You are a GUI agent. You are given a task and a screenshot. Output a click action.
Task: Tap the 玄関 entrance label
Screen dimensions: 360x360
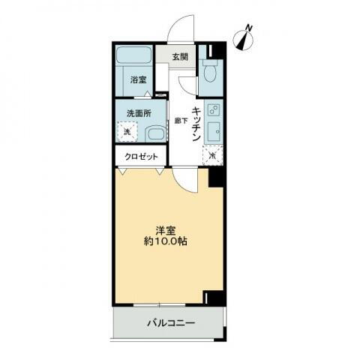click(x=179, y=57)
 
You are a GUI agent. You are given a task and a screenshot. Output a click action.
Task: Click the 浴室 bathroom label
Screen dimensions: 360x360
click(x=137, y=79)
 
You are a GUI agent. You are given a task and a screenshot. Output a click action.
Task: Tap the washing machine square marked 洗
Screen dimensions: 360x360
click(x=127, y=131)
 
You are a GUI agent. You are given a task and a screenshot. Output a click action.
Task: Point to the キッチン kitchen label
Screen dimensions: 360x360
click(x=196, y=124)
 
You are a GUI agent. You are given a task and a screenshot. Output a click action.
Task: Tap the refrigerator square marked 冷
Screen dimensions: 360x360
click(x=213, y=155)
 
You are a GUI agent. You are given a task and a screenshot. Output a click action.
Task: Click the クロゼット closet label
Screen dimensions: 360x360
click(x=141, y=157)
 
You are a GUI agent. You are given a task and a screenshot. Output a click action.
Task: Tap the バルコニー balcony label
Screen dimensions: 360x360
click(x=169, y=324)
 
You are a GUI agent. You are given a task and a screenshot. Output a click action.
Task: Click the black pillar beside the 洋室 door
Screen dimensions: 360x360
click(x=216, y=177)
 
